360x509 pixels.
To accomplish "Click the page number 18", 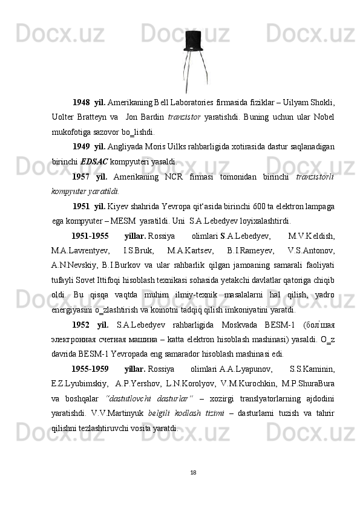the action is tap(192, 472).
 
